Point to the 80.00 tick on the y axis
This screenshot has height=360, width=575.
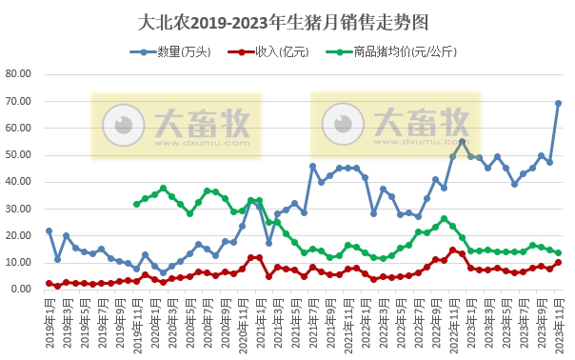point(19,74)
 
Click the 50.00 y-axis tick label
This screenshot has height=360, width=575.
point(19,154)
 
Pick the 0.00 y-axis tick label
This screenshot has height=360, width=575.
point(22,289)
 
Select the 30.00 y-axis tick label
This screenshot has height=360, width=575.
point(19,209)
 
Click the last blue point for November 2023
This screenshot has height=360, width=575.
point(558,104)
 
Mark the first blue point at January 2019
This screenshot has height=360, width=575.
point(49,230)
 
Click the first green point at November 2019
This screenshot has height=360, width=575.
point(136,204)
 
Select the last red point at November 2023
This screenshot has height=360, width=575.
point(558,263)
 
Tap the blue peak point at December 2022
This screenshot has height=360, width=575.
point(462,142)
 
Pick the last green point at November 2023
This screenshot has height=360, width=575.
point(558,253)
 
